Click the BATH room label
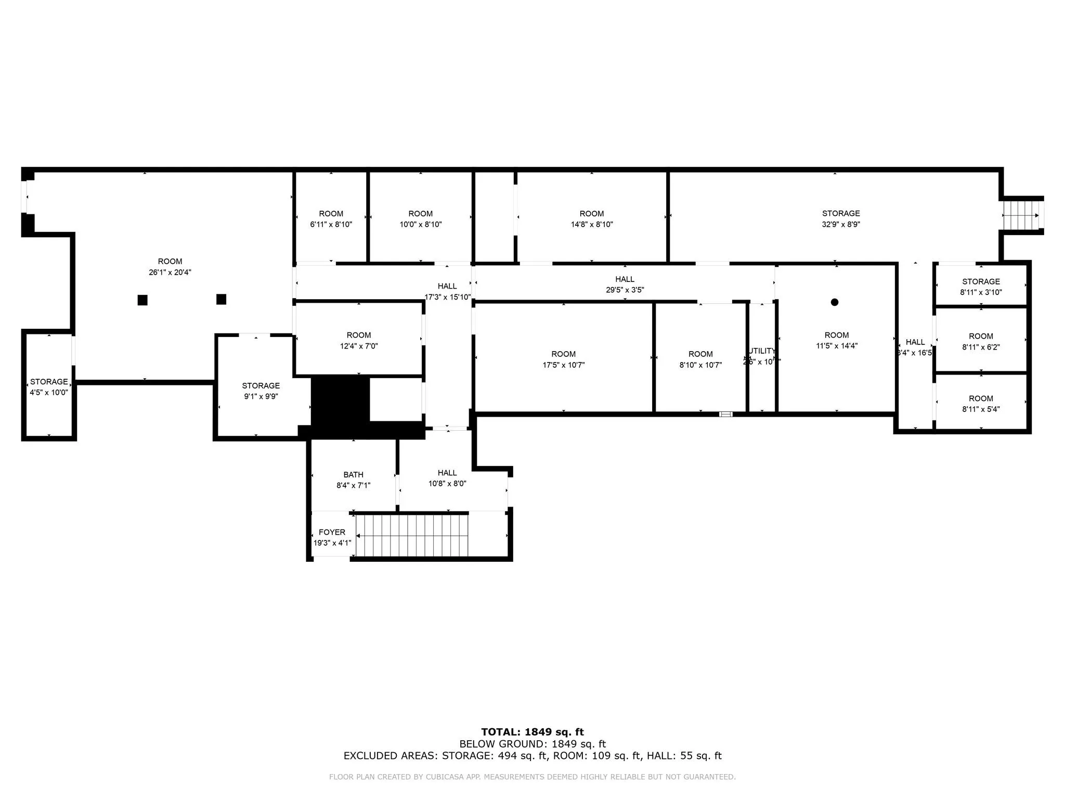coord(353,474)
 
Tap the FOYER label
coord(332,532)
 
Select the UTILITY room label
coord(762,351)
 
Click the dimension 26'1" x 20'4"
coord(170,273)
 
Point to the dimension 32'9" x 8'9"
coord(841,225)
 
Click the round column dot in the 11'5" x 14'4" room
coord(835,302)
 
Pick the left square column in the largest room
coord(142,300)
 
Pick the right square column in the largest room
coord(221,299)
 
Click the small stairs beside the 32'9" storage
coord(1019,215)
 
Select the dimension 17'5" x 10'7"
coord(564,365)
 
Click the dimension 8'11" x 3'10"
coord(981,292)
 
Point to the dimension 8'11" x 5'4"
coord(981,409)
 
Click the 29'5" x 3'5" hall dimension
coord(625,290)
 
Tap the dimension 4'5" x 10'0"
coord(49,393)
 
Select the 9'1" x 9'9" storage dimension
coord(261,396)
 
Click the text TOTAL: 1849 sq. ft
coord(532,732)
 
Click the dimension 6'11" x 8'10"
coord(331,225)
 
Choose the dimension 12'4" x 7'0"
coord(359,346)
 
